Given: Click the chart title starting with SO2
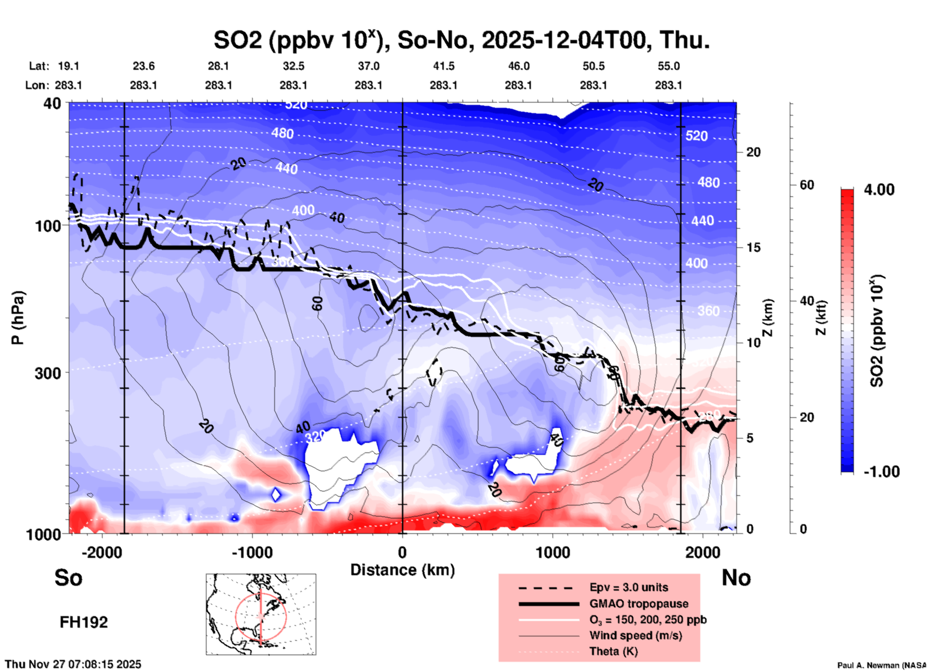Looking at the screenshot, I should pyautogui.click(x=461, y=40).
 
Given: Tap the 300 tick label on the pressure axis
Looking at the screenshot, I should pyautogui.click(x=48, y=373).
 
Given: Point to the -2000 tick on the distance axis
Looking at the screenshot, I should pyautogui.click(x=102, y=553).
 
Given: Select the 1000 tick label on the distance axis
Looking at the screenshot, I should pyautogui.click(x=553, y=553).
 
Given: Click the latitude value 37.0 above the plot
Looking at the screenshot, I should pyautogui.click(x=368, y=66).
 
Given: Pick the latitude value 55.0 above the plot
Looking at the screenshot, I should pyautogui.click(x=668, y=66).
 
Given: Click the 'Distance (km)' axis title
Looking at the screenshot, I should pyautogui.click(x=402, y=570).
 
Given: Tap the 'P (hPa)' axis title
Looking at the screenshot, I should pyautogui.click(x=18, y=318).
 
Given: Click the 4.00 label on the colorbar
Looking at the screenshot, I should pyautogui.click(x=879, y=190).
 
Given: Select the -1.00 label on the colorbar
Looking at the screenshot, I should pyautogui.click(x=881, y=472).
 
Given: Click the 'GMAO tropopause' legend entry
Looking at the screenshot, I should pyautogui.click(x=639, y=604).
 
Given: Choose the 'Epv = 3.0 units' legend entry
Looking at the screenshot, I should pyautogui.click(x=629, y=587).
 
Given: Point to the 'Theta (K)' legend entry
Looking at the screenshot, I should pyautogui.click(x=613, y=651).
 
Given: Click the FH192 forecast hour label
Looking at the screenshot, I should pyautogui.click(x=84, y=622).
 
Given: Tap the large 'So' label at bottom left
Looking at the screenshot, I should pyautogui.click(x=68, y=578).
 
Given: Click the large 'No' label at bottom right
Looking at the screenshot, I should pyautogui.click(x=736, y=578).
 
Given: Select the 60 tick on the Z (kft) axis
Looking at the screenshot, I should pyautogui.click(x=807, y=185).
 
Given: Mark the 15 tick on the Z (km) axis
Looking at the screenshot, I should pyautogui.click(x=753, y=247).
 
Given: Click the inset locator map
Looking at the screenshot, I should pyautogui.click(x=261, y=614).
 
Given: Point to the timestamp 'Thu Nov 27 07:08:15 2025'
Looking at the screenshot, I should pyautogui.click(x=73, y=664).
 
